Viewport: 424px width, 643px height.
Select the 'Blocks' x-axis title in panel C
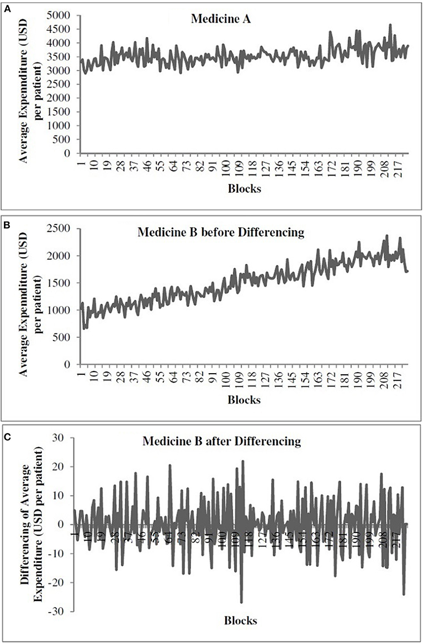coord(241,621)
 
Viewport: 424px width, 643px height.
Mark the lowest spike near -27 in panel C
coord(241,602)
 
